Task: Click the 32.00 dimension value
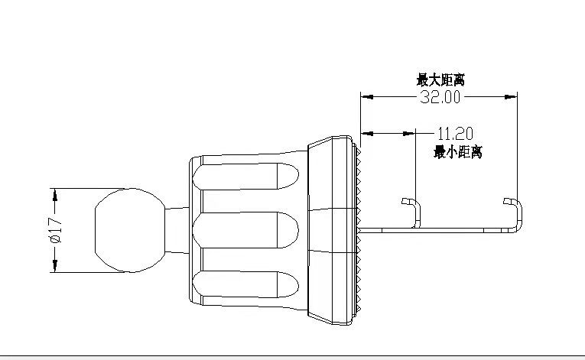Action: (x=440, y=97)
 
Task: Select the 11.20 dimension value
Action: (x=454, y=132)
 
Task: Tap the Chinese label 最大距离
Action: (x=441, y=79)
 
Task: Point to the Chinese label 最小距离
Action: (x=457, y=151)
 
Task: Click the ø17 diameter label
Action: (x=54, y=229)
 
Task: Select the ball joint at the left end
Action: (x=128, y=229)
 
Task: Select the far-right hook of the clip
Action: (x=514, y=209)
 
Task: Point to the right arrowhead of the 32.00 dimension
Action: (x=512, y=97)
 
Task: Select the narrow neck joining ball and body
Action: (x=177, y=229)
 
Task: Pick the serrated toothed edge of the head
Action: (x=358, y=229)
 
